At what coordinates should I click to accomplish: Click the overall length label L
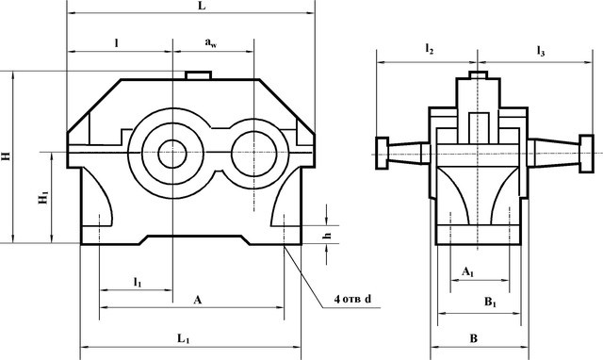click(x=202, y=7)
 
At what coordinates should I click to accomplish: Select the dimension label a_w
click(x=211, y=42)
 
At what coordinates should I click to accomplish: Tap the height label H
click(x=7, y=155)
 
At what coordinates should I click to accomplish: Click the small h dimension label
click(x=327, y=235)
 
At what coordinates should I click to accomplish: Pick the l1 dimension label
click(x=138, y=283)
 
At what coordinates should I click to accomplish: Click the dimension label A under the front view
click(x=197, y=300)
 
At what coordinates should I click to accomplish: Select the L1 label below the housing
click(x=184, y=339)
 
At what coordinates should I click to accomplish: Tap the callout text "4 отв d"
click(x=352, y=299)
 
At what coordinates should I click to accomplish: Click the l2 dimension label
click(x=430, y=49)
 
